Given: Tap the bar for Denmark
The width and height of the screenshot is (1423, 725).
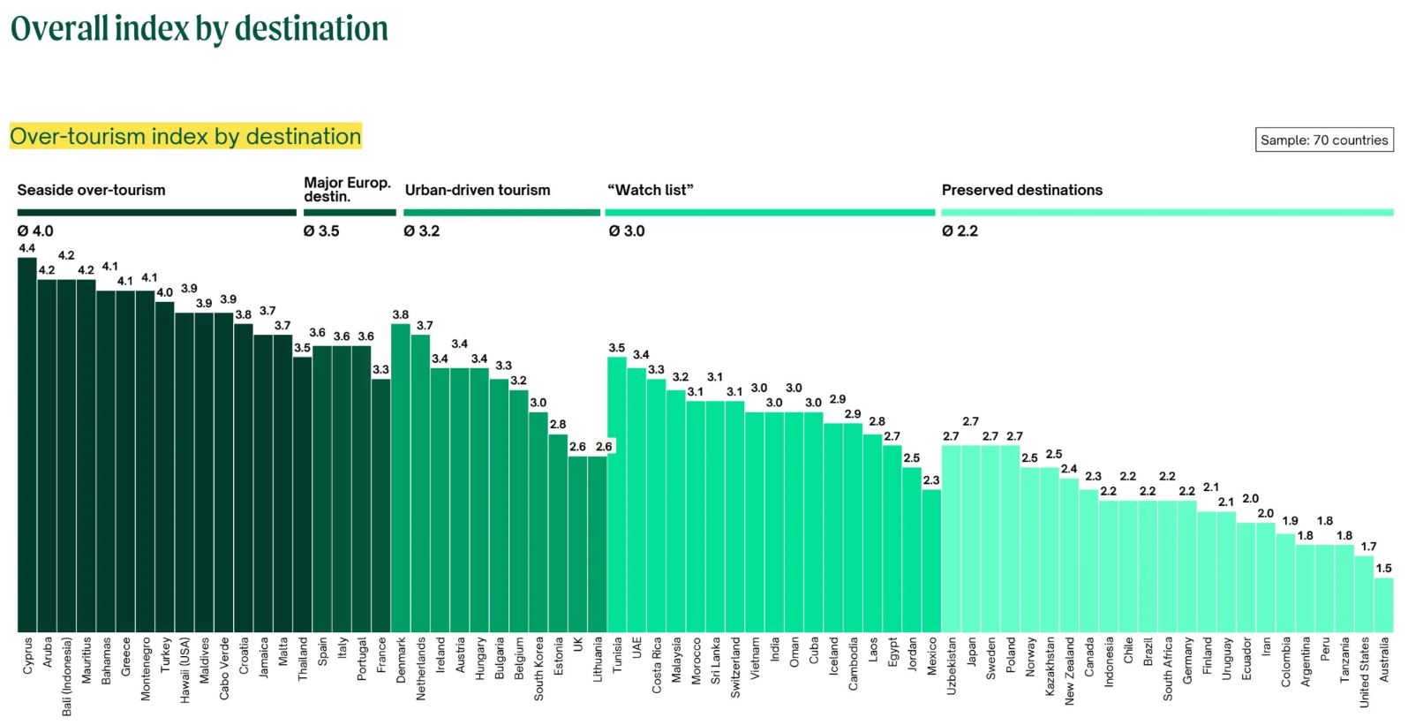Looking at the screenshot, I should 401,478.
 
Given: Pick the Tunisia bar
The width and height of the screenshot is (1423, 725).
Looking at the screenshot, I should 617,495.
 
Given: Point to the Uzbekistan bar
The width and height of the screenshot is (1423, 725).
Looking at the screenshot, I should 951,539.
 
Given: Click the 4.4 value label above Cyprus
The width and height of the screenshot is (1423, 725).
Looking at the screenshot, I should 27,248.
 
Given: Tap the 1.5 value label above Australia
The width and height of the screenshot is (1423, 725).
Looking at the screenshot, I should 1383,569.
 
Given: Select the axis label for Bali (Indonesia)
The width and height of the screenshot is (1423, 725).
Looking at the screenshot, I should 67,676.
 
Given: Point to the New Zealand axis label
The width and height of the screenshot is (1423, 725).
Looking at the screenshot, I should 1069,670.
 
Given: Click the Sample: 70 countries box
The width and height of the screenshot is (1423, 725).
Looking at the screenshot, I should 1324,140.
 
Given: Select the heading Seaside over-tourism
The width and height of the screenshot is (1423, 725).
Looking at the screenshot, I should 91,190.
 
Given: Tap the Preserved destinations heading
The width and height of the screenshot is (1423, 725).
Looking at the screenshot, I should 1021,190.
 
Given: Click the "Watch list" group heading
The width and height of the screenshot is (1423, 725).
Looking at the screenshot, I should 651,190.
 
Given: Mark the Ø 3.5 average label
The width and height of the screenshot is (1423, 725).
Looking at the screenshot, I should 321,231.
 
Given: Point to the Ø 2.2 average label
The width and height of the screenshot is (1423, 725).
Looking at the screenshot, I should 960,231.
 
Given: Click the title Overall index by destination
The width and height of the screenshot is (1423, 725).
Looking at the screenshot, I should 200,28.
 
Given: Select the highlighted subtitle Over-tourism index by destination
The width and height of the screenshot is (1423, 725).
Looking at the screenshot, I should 185,136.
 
